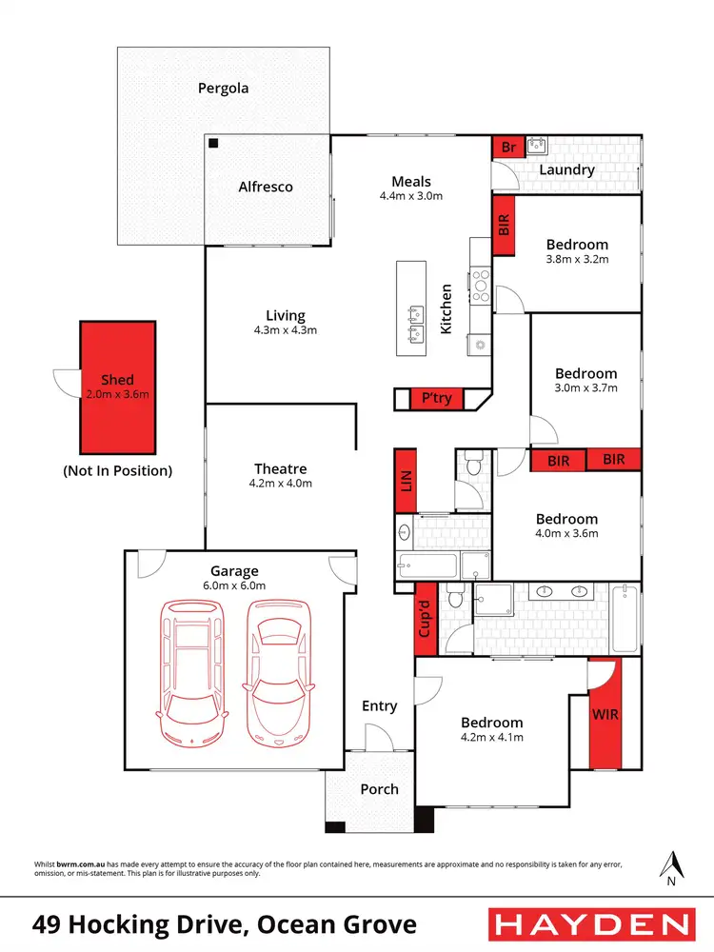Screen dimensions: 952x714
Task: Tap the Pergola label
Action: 223,89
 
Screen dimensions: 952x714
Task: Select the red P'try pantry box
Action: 437,399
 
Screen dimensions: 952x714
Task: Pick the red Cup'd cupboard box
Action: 426,618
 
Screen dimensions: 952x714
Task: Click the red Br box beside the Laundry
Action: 508,148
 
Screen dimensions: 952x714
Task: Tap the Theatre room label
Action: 280,468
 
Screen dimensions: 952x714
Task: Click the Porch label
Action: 379,789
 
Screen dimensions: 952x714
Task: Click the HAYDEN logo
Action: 590,923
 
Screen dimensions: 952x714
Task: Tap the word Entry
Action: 379,705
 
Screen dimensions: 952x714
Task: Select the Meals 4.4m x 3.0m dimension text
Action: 411,196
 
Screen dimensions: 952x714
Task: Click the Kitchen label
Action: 446,308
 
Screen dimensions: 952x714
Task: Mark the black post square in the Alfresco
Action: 214,143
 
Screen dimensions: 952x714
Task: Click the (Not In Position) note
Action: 117,469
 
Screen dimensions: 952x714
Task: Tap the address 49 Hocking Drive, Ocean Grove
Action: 225,923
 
